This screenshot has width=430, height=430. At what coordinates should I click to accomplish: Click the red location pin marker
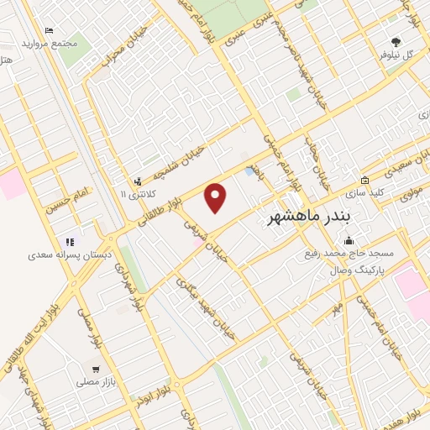[x=216, y=198]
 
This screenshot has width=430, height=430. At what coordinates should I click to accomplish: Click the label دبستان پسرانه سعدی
[x=65, y=254]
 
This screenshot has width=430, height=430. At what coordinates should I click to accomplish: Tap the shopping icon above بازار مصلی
[x=96, y=369]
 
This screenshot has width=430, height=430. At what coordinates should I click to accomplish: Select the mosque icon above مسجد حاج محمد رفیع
[x=349, y=240]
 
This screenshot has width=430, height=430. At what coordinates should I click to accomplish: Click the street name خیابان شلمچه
[x=170, y=162]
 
